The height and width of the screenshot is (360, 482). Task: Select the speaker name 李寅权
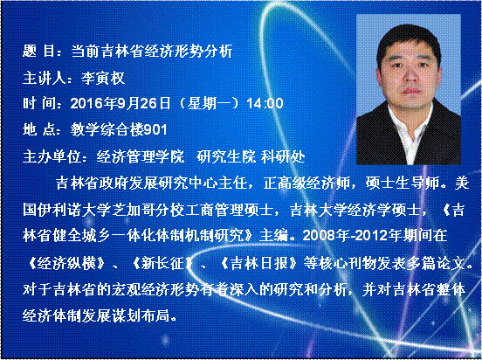click(103, 78)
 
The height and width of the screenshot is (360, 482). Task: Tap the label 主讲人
click(45, 78)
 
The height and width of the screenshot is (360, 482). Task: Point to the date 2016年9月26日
click(120, 103)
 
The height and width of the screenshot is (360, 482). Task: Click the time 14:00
click(265, 103)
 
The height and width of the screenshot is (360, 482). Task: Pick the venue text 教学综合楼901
click(119, 130)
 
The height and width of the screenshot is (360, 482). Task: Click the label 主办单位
click(52, 157)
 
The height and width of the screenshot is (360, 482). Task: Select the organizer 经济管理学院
click(141, 157)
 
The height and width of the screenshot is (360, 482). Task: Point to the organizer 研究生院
click(226, 157)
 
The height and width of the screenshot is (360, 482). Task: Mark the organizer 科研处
click(283, 157)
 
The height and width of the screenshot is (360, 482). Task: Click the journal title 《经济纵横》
click(66, 263)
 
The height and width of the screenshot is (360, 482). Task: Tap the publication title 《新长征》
click(162, 263)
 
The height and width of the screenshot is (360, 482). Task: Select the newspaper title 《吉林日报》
click(259, 263)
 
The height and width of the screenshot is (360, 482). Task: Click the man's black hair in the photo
click(409, 37)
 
